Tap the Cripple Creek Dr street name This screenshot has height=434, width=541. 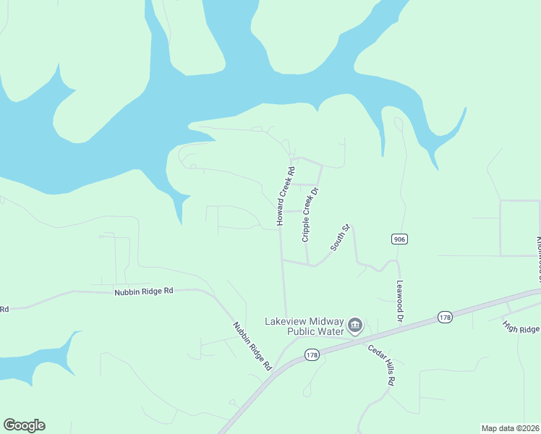310,215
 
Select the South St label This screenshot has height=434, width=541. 341,238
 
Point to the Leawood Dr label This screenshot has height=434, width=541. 399,302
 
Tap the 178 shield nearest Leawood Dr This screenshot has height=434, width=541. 444,317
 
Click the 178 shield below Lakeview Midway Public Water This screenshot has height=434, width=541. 312,354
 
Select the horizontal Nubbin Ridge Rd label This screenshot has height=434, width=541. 143,291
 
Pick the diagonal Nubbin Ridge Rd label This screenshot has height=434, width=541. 252,346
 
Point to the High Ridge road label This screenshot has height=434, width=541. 521,324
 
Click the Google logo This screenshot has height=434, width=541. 24,425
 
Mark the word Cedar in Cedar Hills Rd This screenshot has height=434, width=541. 375,353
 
